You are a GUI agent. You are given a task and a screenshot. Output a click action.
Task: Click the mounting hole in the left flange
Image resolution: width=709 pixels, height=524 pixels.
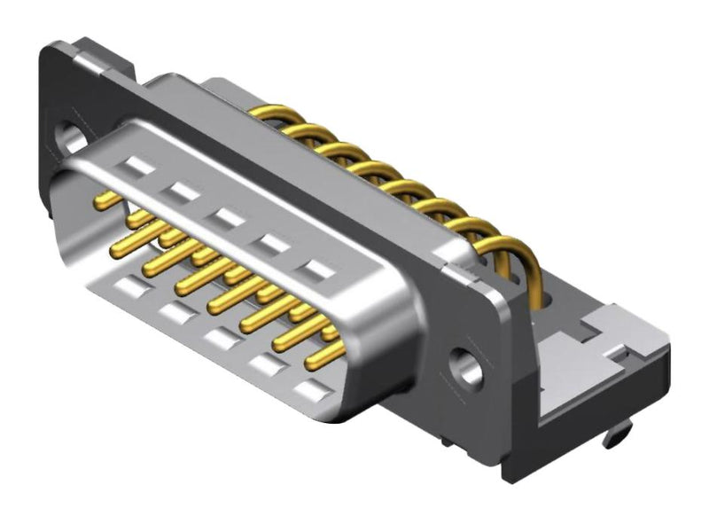(x=70, y=137)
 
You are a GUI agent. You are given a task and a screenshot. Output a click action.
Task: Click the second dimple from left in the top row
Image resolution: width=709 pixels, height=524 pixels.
(x=182, y=191)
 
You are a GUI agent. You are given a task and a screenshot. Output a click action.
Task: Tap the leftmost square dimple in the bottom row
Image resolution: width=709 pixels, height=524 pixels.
(x=129, y=285)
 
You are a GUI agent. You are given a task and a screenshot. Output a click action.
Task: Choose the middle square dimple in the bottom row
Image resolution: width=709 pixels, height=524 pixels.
(x=217, y=338)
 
